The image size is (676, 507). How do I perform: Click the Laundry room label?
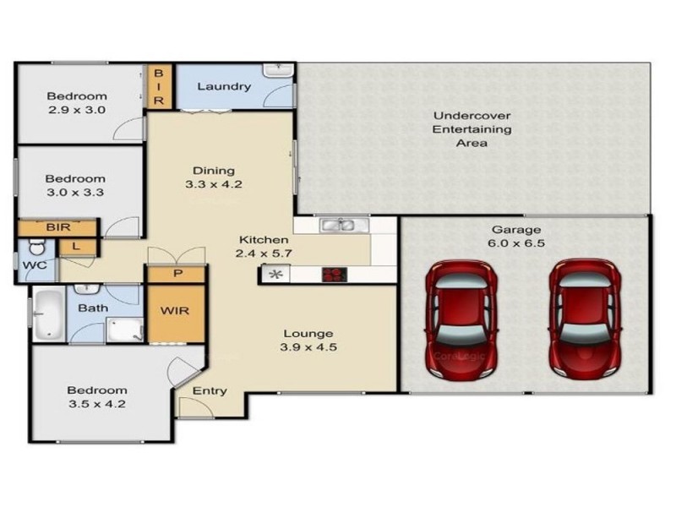pos(223,86)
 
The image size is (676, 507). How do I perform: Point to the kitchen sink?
pos(341,225)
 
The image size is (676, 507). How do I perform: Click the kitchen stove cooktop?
pos(335,274)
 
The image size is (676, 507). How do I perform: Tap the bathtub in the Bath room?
pos(48,313)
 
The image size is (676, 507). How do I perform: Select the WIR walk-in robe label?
pos(176,310)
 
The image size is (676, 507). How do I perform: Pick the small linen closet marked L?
pos(76,246)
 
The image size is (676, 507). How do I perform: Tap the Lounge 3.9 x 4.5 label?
pos(308,340)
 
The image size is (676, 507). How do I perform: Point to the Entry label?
pos(210,390)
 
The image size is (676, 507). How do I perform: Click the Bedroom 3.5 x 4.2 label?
pos(97,397)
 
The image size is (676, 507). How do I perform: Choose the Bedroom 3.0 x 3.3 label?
pos(75,186)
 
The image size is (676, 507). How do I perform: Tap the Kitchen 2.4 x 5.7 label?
pos(263,247)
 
